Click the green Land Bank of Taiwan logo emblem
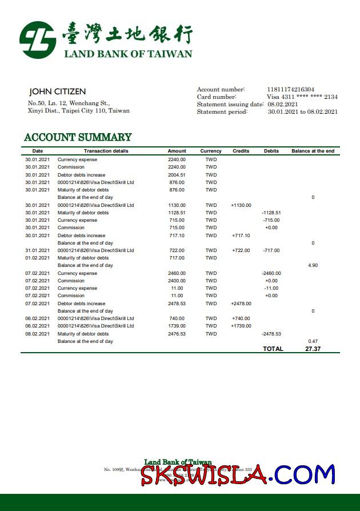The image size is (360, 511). pyautogui.click(x=38, y=40)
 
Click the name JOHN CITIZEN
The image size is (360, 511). pyautogui.click(x=57, y=91)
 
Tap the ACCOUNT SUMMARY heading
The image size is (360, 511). pyautogui.click(x=78, y=137)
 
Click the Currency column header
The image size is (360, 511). pyautogui.click(x=211, y=151)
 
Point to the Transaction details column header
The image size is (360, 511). pyautogui.click(x=106, y=151)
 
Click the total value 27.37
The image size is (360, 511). pyautogui.click(x=313, y=349)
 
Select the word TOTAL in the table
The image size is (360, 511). pyautogui.click(x=273, y=349)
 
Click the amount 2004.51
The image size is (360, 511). pyautogui.click(x=177, y=175)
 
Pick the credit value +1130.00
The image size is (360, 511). pyautogui.click(x=241, y=205)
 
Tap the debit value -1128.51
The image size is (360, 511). pyautogui.click(x=271, y=213)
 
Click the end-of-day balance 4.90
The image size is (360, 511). pyautogui.click(x=313, y=265)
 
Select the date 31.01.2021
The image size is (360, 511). pyautogui.click(x=37, y=250)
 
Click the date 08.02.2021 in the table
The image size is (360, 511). pyautogui.click(x=37, y=334)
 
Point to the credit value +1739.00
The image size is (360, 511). pyautogui.click(x=241, y=326)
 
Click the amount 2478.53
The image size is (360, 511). pyautogui.click(x=177, y=304)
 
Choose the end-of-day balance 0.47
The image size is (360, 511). pyautogui.click(x=313, y=341)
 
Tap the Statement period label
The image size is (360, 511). pyautogui.click(x=222, y=112)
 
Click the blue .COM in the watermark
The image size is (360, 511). pyautogui.click(x=301, y=474)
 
